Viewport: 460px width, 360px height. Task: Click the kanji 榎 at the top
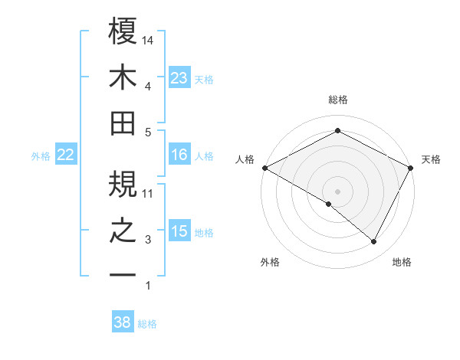(123, 34)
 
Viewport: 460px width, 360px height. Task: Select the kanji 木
(123, 78)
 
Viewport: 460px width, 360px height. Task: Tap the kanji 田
(123, 123)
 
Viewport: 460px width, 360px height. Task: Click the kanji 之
(123, 230)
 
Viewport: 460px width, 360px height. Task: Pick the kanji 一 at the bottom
(123, 273)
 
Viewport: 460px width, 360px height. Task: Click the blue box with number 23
(179, 78)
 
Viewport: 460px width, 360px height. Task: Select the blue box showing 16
(179, 155)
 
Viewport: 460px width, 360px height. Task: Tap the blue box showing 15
(179, 232)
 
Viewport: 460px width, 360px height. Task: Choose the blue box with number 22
(66, 155)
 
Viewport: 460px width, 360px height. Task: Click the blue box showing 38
(123, 322)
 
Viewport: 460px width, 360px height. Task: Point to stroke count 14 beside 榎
(149, 40)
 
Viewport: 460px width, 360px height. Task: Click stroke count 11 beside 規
(149, 193)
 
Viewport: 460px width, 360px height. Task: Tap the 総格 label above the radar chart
(338, 100)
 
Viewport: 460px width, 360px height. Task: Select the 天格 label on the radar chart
(431, 159)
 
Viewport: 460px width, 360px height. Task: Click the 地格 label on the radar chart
(402, 262)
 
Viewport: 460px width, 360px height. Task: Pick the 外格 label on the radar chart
(270, 262)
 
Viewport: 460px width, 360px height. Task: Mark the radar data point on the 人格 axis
(264, 168)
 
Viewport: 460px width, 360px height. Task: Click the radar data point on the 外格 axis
(329, 204)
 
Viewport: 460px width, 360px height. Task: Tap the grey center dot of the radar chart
(338, 191)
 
